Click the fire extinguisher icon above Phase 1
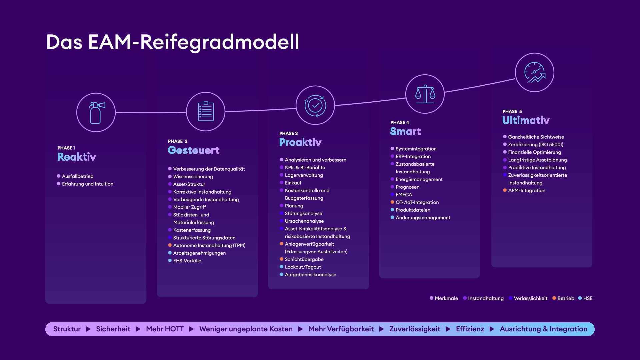[x=97, y=113]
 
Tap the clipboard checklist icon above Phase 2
[x=206, y=111]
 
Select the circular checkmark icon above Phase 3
[x=315, y=106]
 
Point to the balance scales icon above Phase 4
[x=425, y=94]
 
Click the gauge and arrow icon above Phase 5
[x=535, y=72]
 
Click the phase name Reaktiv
[x=77, y=157]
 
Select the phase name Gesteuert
[x=194, y=150]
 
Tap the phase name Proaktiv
[x=300, y=142]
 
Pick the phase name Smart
[x=406, y=131]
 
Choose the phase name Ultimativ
[x=526, y=120]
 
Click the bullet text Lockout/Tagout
[x=303, y=267]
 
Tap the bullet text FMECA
[x=404, y=195]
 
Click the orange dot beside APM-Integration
[x=505, y=190]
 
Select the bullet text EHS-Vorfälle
[x=187, y=261]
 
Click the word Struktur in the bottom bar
[x=67, y=329]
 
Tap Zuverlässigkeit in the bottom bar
[x=415, y=329]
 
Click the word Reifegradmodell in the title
[x=219, y=42]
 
